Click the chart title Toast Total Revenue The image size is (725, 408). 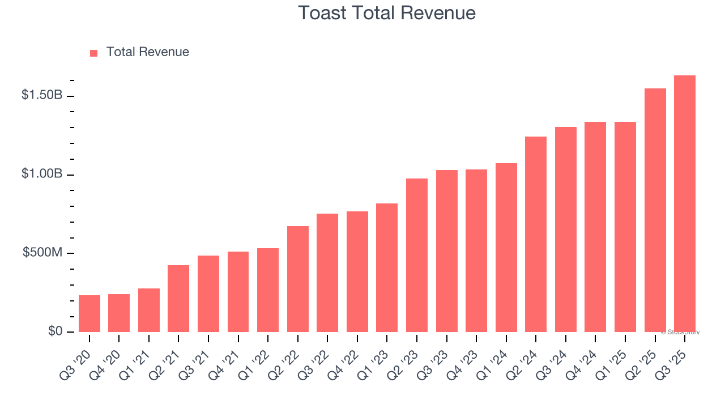(x=387, y=12)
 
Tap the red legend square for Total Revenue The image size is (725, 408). (x=94, y=53)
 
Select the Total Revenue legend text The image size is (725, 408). (x=147, y=52)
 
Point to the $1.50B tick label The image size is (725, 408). (x=42, y=95)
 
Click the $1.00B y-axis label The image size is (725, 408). (x=42, y=174)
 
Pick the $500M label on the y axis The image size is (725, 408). (x=42, y=253)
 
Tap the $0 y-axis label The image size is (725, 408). (x=54, y=331)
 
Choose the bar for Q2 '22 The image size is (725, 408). (x=298, y=279)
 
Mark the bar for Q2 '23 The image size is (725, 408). (x=417, y=255)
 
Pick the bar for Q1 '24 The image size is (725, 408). (x=506, y=247)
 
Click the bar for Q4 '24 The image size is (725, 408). (x=595, y=227)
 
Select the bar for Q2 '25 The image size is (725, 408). (x=655, y=210)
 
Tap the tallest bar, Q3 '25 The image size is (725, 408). (x=685, y=203)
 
